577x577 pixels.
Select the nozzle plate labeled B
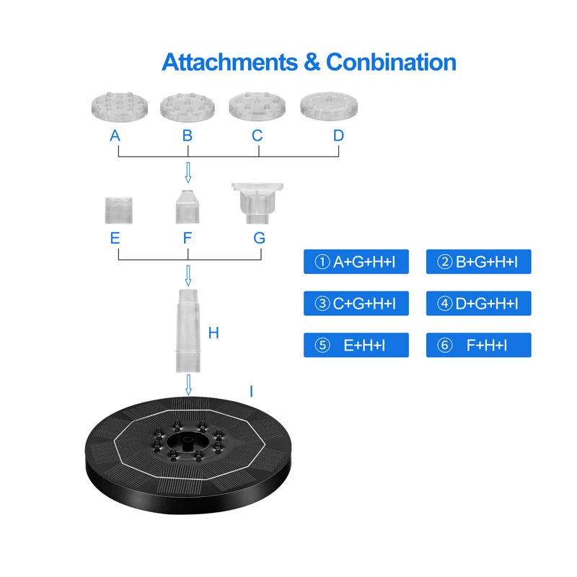[x=188, y=107]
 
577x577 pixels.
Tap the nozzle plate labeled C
[x=257, y=105]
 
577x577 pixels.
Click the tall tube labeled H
[x=189, y=328]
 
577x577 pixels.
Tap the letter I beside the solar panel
[x=251, y=392]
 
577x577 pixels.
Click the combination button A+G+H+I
[x=356, y=262]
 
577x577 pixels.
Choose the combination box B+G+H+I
[x=478, y=262]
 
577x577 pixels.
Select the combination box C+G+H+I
[x=356, y=304]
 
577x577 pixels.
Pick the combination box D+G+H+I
[x=478, y=304]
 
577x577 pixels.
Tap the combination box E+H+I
[x=356, y=345]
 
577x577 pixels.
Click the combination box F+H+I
[x=478, y=345]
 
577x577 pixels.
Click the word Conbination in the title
[x=391, y=62]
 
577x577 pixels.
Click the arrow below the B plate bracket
[x=188, y=173]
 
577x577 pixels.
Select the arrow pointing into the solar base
[x=189, y=384]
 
